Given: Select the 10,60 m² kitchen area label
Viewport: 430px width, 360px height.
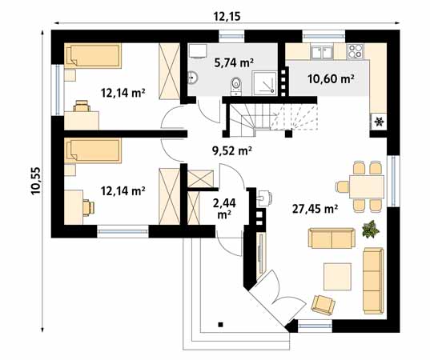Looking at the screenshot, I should [332, 78].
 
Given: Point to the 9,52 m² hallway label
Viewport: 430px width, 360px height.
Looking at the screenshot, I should [231, 150].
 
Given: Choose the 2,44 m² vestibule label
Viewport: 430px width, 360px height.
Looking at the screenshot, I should [223, 208].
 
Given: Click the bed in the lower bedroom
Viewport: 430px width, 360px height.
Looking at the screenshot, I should [93, 150].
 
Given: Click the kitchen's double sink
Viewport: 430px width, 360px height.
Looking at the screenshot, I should [323, 53].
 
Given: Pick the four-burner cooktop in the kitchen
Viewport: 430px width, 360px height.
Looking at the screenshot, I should [356, 52].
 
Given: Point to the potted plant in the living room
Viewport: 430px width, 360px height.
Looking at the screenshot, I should [369, 230].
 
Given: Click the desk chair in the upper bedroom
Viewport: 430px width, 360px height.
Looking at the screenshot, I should [81, 105].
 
